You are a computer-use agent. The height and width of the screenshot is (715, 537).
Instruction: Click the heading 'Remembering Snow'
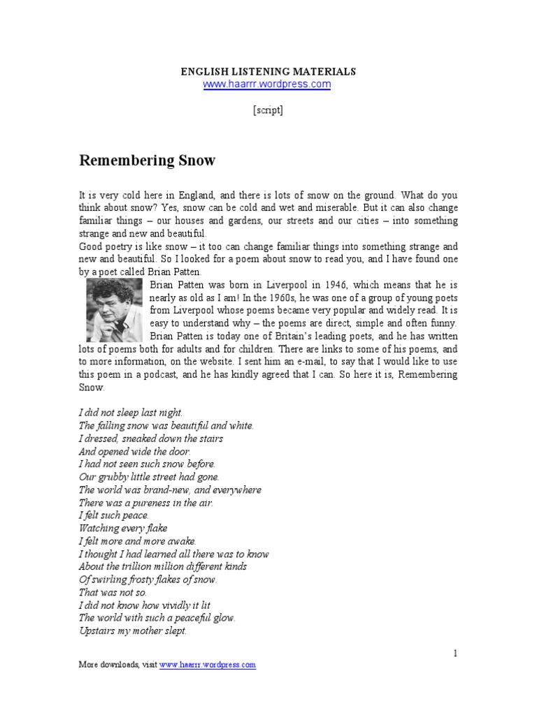[147, 161]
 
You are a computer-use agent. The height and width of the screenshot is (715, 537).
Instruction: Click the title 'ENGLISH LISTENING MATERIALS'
[268, 71]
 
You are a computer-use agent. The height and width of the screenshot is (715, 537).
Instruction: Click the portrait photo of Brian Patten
[113, 310]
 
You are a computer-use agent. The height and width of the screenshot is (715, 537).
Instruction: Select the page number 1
[455, 654]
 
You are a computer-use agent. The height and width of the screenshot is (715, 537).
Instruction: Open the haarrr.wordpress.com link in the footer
[208, 665]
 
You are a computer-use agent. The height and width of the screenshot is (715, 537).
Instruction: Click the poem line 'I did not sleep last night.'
[131, 413]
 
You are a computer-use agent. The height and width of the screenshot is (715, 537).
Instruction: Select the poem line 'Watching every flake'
[123, 528]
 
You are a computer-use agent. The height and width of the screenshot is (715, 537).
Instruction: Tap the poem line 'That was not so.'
[113, 592]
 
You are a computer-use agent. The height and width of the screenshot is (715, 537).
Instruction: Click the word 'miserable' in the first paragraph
[322, 207]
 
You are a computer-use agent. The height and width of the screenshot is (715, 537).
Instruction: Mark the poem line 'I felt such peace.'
[114, 515]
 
